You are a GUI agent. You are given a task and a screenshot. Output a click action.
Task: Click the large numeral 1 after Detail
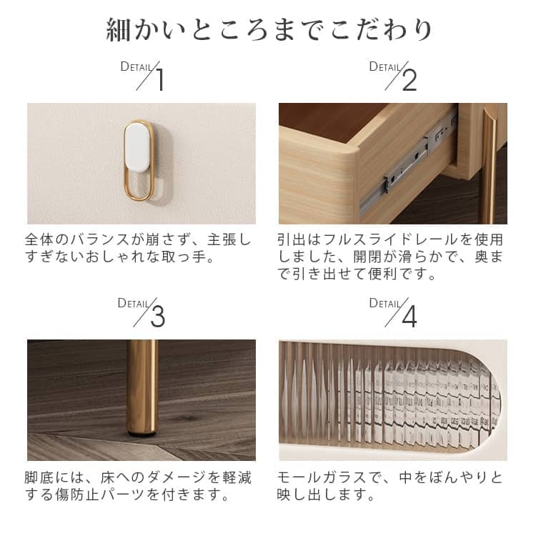click(160, 79)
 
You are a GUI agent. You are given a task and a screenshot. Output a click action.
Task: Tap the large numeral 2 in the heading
click(410, 79)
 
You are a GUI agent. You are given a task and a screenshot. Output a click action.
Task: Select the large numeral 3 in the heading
click(158, 316)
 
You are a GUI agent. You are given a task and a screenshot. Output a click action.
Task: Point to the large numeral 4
click(410, 316)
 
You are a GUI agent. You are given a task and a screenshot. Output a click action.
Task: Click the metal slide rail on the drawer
click(407, 164)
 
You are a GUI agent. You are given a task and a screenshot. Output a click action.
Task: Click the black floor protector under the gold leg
click(142, 434)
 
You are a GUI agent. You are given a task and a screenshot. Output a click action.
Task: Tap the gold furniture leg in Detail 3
click(142, 386)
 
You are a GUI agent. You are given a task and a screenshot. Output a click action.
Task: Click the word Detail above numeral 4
click(384, 304)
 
